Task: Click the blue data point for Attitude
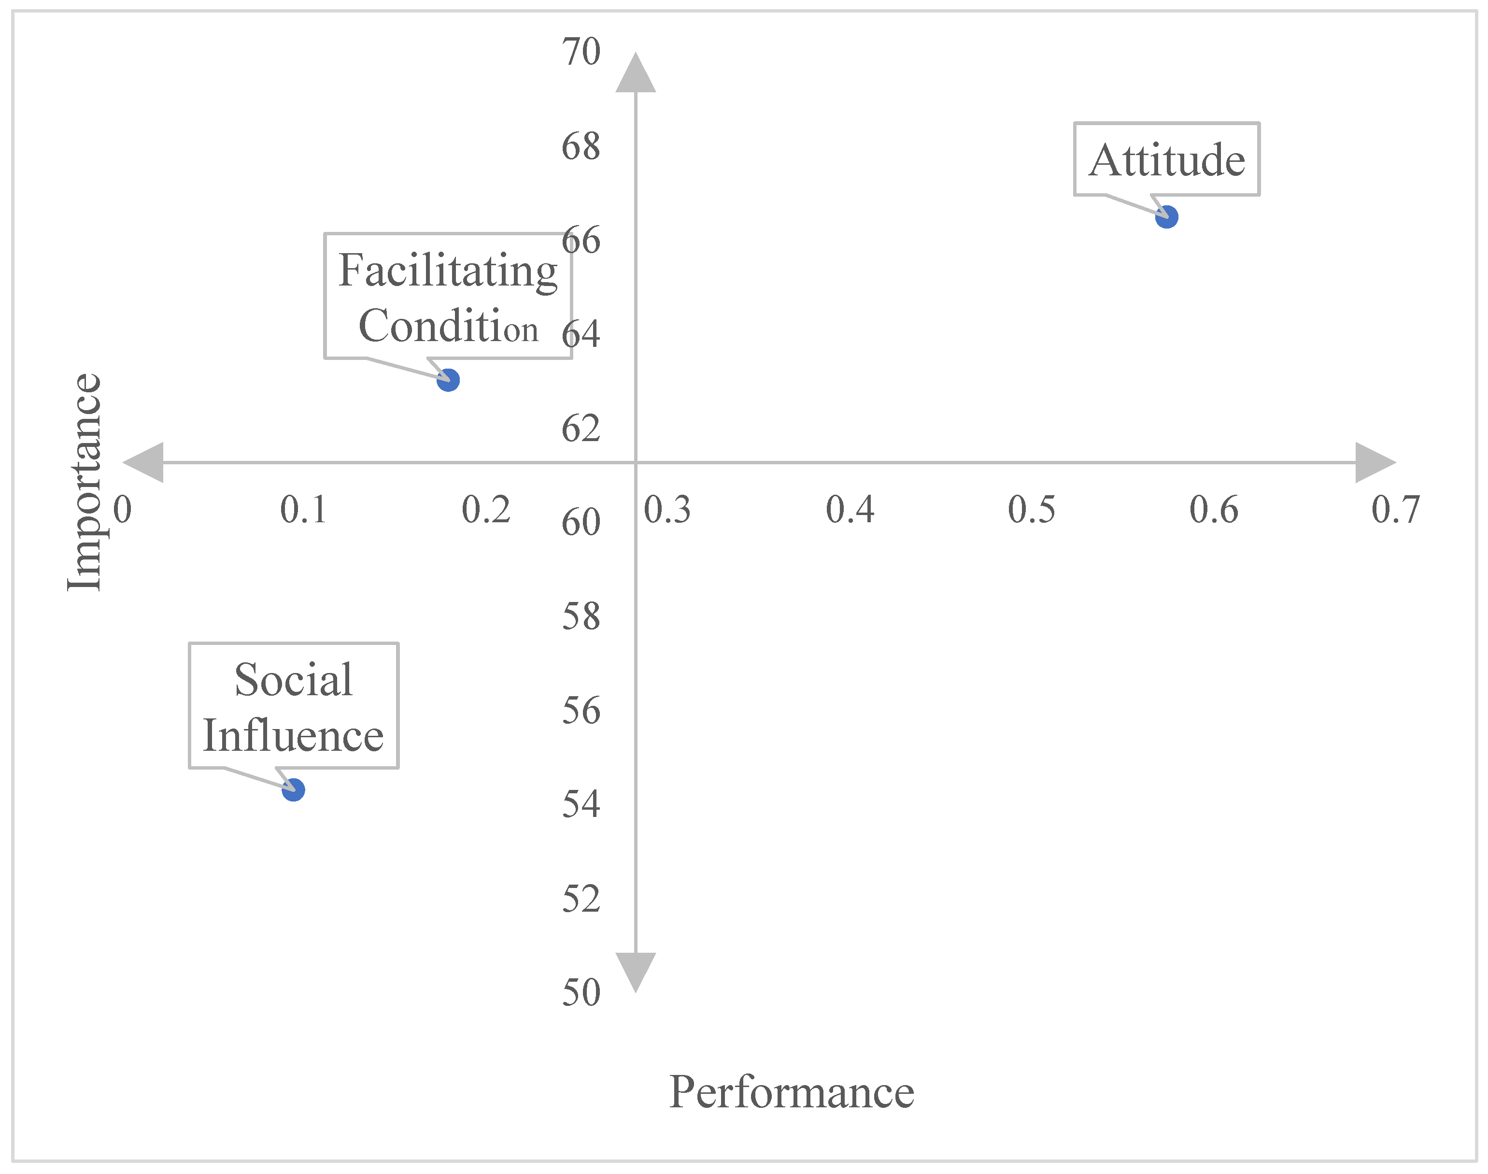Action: point(1166,217)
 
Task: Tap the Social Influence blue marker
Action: point(293,790)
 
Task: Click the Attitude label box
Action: point(1166,159)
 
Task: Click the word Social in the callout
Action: point(293,680)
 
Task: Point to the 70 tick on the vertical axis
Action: point(581,52)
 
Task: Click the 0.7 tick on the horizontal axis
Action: point(1395,510)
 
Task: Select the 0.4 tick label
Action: point(850,510)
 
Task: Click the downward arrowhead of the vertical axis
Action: point(636,971)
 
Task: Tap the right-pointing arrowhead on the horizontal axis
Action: point(1374,462)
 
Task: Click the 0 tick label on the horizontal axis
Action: point(122,510)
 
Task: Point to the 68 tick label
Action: point(581,146)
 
